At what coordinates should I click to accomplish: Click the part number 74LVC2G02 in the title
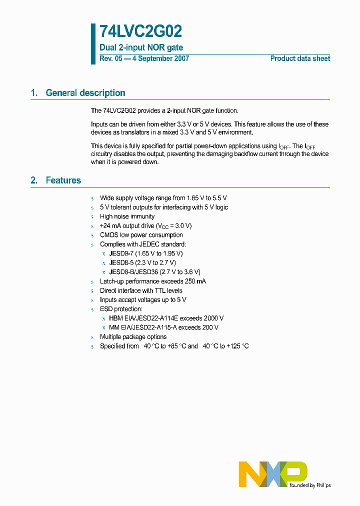(140, 32)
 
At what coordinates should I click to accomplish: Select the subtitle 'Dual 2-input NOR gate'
(141, 48)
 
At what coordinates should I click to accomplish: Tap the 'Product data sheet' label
(300, 58)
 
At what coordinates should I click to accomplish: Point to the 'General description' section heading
(85, 93)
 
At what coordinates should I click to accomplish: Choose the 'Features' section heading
(63, 180)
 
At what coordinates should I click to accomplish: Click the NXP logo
(273, 474)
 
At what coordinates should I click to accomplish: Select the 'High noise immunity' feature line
(127, 216)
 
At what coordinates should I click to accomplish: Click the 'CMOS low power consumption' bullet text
(141, 235)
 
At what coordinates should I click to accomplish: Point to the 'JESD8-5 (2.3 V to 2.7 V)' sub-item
(142, 262)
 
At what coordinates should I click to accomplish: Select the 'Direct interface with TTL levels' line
(141, 290)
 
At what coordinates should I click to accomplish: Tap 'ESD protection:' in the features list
(121, 309)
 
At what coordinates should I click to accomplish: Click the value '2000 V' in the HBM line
(214, 318)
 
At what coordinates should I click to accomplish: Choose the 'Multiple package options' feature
(133, 337)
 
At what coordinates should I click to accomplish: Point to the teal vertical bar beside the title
(93, 43)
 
